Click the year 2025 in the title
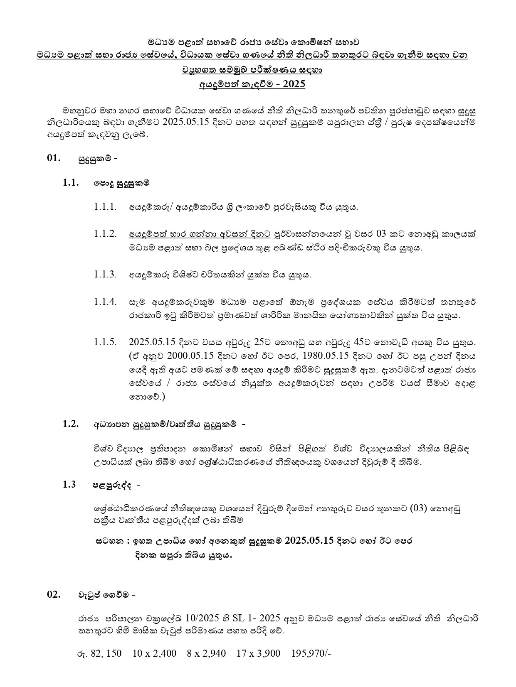(x=294, y=84)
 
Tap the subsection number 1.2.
(x=71, y=424)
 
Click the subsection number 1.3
(x=69, y=485)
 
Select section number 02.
(x=54, y=595)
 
